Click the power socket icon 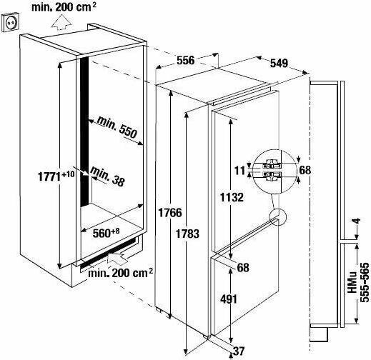click(x=10, y=23)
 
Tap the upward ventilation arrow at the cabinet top click(x=61, y=22)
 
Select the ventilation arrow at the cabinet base click(x=118, y=258)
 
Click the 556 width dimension click(x=185, y=60)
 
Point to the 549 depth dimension click(x=279, y=63)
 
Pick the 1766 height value click(x=170, y=212)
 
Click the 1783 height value click(x=187, y=234)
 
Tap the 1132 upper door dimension click(x=232, y=197)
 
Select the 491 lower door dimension click(x=229, y=299)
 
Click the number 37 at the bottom click(x=239, y=351)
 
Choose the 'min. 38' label click(x=108, y=176)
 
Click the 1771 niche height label click(x=56, y=176)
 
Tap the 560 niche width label click(x=106, y=233)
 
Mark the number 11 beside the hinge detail click(x=239, y=171)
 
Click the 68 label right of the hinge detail click(x=305, y=170)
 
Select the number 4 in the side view click(x=358, y=221)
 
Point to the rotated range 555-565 click(x=365, y=282)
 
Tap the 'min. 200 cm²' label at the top click(x=64, y=7)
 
